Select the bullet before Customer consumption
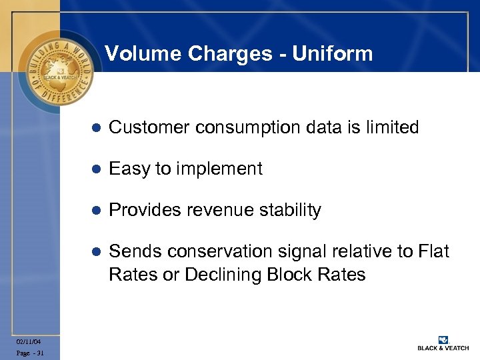95,127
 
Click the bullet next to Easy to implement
95,169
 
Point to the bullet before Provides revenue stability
95,211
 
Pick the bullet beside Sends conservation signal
95,252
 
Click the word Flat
433,252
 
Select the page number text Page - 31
29,353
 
